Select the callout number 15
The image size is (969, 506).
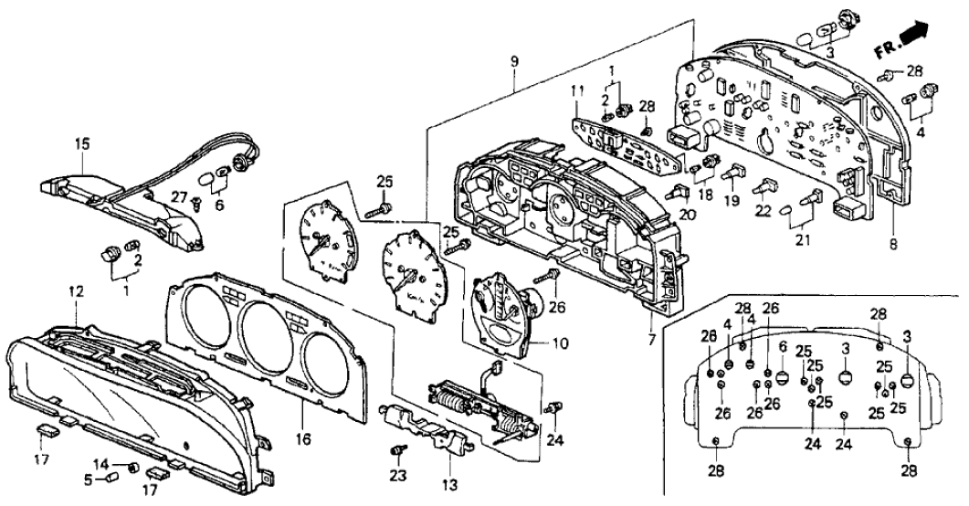coord(82,143)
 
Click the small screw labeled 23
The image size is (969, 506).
coord(397,450)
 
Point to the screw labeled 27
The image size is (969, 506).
coord(196,207)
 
